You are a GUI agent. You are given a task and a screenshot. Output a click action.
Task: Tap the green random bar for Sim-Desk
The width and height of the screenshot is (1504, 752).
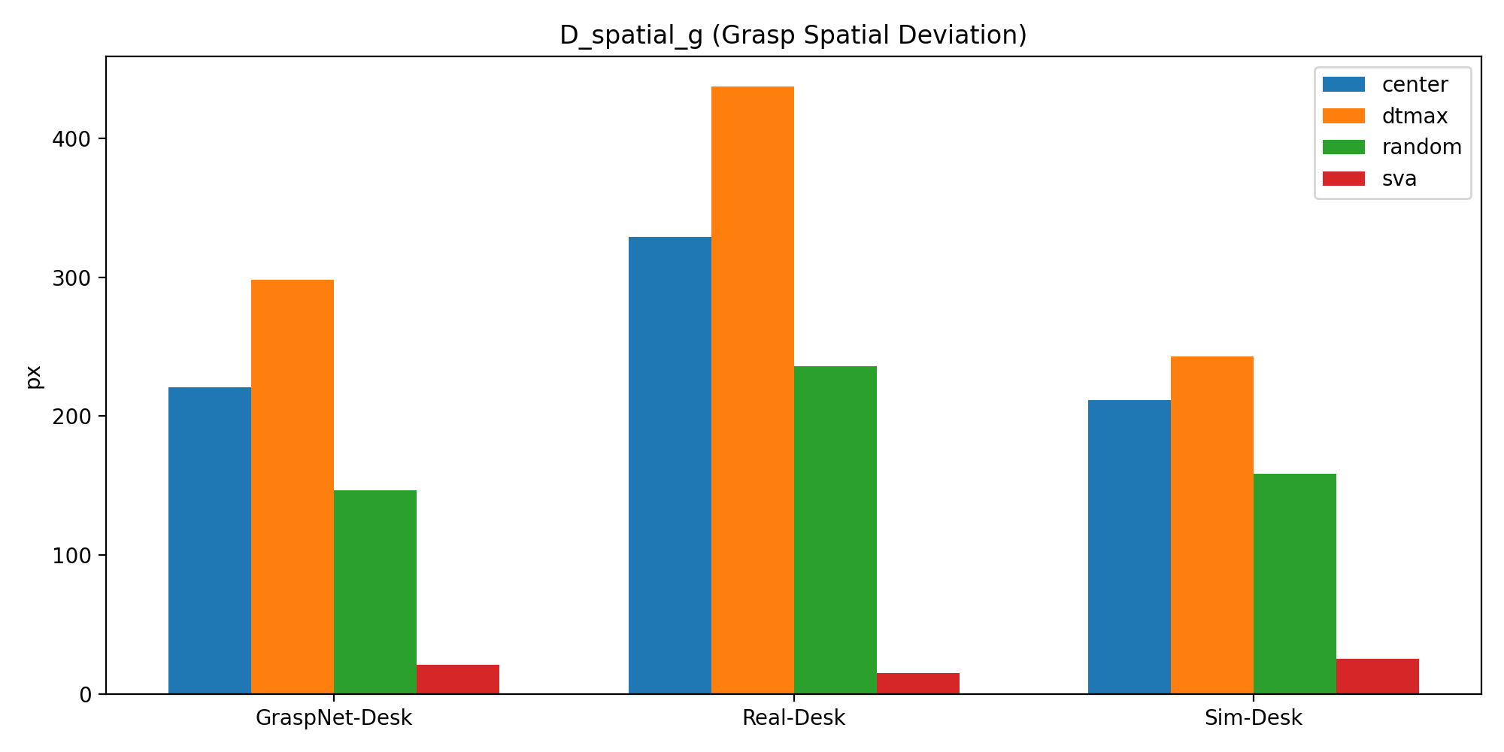(1294, 584)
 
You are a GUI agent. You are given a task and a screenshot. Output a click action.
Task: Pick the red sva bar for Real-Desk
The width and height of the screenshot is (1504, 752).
(917, 684)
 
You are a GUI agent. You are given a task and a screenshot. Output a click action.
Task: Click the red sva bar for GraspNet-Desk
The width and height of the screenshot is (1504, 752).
(457, 679)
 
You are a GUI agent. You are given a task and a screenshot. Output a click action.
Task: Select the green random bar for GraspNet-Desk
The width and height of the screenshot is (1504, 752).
(374, 592)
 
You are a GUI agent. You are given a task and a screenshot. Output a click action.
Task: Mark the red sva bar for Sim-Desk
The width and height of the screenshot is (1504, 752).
(1377, 676)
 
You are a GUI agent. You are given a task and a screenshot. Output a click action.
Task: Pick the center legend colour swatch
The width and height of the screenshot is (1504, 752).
(1343, 84)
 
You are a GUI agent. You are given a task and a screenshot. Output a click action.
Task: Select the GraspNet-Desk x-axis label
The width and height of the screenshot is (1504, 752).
(334, 718)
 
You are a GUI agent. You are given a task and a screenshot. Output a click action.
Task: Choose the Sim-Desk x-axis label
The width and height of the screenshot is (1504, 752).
(1253, 718)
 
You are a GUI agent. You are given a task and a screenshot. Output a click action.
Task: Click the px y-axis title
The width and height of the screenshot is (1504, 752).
(35, 376)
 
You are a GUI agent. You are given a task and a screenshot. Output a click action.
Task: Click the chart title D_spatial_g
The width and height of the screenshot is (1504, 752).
(793, 35)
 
